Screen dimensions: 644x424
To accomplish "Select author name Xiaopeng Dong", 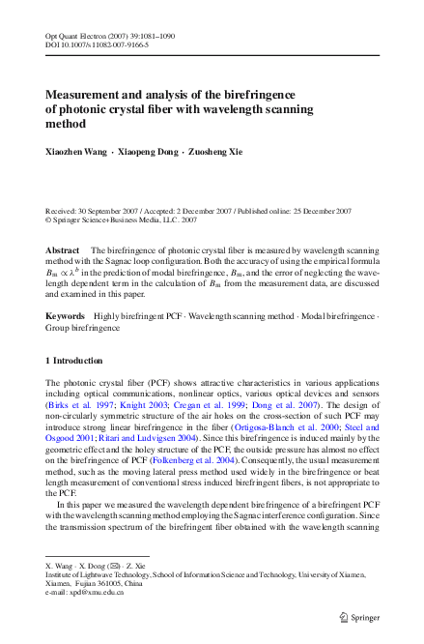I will click(145, 154).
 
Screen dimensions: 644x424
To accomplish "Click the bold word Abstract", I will click(63, 249).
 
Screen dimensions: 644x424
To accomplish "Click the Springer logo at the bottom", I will click(358, 615).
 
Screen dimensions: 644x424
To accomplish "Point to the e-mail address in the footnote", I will click(86, 593).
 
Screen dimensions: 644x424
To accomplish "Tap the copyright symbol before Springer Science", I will click(49, 219).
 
